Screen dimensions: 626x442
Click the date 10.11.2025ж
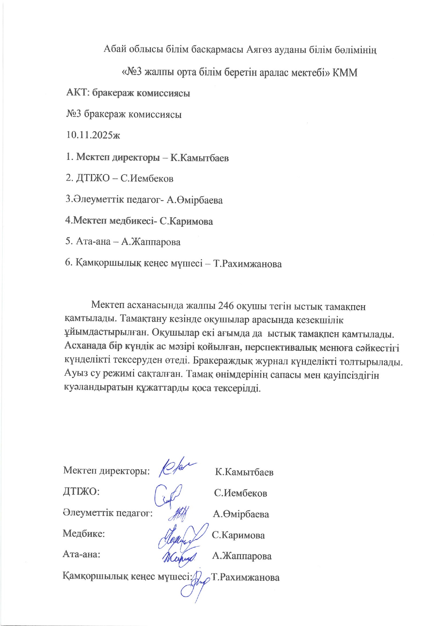pos(93,135)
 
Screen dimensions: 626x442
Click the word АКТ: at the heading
pos(78,93)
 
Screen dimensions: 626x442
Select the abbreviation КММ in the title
pos(345,73)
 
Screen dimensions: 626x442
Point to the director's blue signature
pos(177,466)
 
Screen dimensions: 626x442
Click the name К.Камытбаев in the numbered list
pos(199,158)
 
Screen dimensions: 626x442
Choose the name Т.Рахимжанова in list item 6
pos(247,264)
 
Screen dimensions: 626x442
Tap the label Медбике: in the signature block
pos(84,534)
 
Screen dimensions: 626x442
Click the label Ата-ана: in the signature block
pos(81,555)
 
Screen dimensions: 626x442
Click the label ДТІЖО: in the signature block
pos(81,492)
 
